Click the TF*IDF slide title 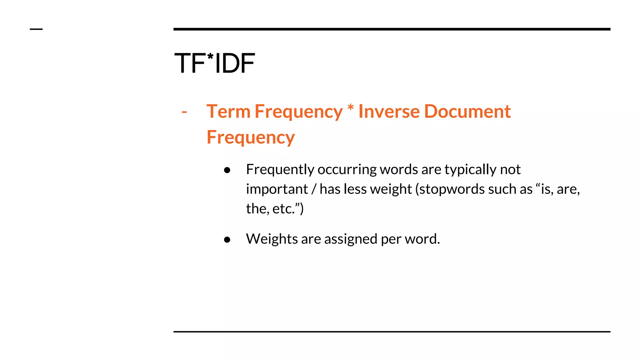(x=215, y=63)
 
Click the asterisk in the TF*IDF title (x=210, y=57)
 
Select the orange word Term (x=228, y=112)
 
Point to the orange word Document (x=467, y=112)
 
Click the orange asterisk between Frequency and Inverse (x=351, y=108)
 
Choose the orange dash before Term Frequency (x=184, y=112)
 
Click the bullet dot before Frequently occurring (x=227, y=170)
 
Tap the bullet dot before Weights (x=227, y=240)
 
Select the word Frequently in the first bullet (x=280, y=170)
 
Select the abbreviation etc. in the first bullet (x=283, y=209)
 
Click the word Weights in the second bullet (x=272, y=239)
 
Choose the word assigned (x=351, y=239)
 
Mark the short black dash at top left (x=36, y=29)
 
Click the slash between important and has (x=314, y=189)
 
